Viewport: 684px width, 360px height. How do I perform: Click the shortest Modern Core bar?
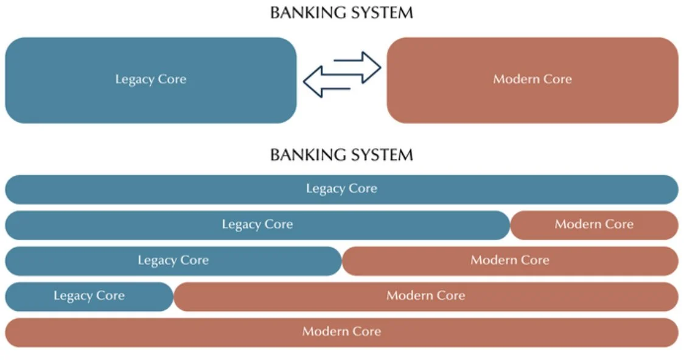click(x=593, y=225)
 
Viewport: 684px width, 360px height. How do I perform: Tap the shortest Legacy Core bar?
click(x=89, y=296)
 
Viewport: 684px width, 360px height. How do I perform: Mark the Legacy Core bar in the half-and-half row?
click(x=173, y=261)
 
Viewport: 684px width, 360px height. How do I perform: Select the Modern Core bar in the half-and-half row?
click(x=510, y=261)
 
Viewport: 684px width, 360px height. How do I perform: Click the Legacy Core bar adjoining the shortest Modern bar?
click(x=257, y=225)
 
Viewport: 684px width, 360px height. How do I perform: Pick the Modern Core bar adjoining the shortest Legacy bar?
click(x=425, y=296)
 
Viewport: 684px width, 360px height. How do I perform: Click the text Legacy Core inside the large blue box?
click(x=150, y=80)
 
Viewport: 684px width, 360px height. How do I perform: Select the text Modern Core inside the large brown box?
click(x=532, y=80)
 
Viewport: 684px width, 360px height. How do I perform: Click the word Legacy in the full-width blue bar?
click(x=325, y=189)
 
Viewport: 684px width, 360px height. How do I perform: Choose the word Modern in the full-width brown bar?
click(x=323, y=332)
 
